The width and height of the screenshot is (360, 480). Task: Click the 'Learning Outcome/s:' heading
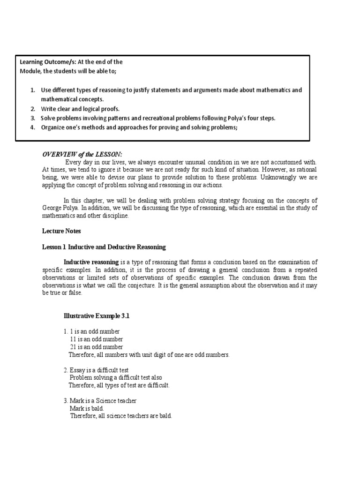click(47, 62)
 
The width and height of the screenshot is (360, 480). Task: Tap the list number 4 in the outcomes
click(33, 127)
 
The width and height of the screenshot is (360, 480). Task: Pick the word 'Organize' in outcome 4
click(53, 127)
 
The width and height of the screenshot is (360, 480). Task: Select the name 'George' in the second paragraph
click(54, 208)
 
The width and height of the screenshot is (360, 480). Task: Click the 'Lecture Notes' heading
click(61, 231)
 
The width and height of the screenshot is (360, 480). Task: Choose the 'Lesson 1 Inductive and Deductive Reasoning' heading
click(104, 247)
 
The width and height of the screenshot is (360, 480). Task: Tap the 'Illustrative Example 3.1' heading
click(96, 316)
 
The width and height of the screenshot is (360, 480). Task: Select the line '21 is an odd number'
click(97, 347)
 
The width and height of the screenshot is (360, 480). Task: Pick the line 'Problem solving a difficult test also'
click(115, 377)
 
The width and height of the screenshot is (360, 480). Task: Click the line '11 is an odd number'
click(97, 339)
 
